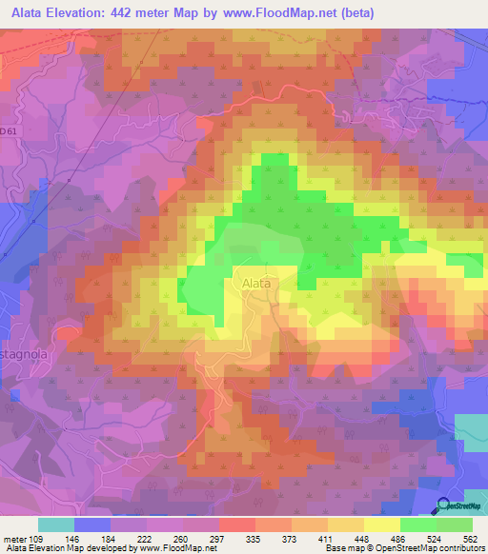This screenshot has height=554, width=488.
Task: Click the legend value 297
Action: (x=216, y=538)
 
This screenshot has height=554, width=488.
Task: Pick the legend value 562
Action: (x=470, y=538)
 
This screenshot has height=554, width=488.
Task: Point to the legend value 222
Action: (x=145, y=538)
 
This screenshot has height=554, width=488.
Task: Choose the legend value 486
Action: (x=397, y=538)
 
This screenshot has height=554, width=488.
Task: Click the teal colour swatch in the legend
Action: (x=56, y=524)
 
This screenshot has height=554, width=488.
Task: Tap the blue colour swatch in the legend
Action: (x=92, y=524)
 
